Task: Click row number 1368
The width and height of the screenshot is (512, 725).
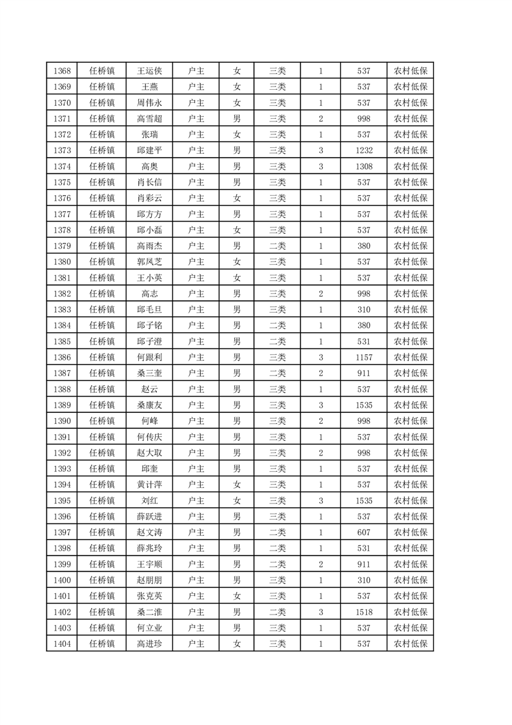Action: click(62, 71)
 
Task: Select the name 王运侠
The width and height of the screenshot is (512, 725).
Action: click(150, 71)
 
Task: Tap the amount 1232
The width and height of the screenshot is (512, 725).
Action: click(364, 151)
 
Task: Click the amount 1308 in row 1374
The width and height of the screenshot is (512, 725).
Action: click(364, 167)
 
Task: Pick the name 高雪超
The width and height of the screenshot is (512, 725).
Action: click(150, 119)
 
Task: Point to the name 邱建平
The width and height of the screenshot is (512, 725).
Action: click(150, 151)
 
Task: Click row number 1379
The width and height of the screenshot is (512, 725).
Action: click(62, 246)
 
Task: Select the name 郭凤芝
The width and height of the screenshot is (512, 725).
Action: click(150, 262)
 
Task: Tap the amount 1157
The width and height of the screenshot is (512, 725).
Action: click(364, 357)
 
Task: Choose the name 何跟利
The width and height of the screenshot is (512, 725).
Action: click(150, 357)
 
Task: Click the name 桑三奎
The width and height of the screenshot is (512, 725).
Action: click(150, 373)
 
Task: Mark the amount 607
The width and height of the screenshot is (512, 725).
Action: click(364, 532)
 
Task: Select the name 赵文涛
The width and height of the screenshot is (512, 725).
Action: click(150, 532)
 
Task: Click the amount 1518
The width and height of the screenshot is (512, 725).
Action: click(364, 612)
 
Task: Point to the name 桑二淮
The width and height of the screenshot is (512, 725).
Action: click(150, 612)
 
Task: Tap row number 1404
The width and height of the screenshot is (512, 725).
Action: click(62, 644)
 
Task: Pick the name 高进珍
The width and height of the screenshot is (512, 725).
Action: click(150, 644)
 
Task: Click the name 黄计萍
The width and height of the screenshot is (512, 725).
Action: click(150, 485)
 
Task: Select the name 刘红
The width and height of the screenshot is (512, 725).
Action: click(150, 501)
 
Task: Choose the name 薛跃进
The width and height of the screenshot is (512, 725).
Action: click(150, 516)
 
